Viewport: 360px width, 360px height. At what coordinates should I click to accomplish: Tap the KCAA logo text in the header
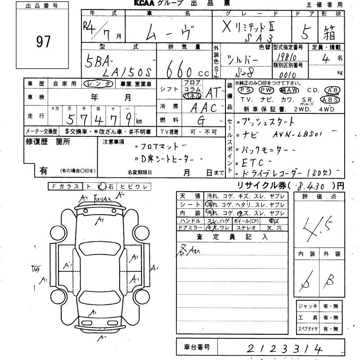click(145, 4)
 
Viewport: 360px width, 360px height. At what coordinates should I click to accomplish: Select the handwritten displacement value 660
click(180, 70)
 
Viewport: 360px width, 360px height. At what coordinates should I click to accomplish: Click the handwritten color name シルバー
click(243, 60)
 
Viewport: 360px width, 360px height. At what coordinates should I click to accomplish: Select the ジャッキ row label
click(307, 306)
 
